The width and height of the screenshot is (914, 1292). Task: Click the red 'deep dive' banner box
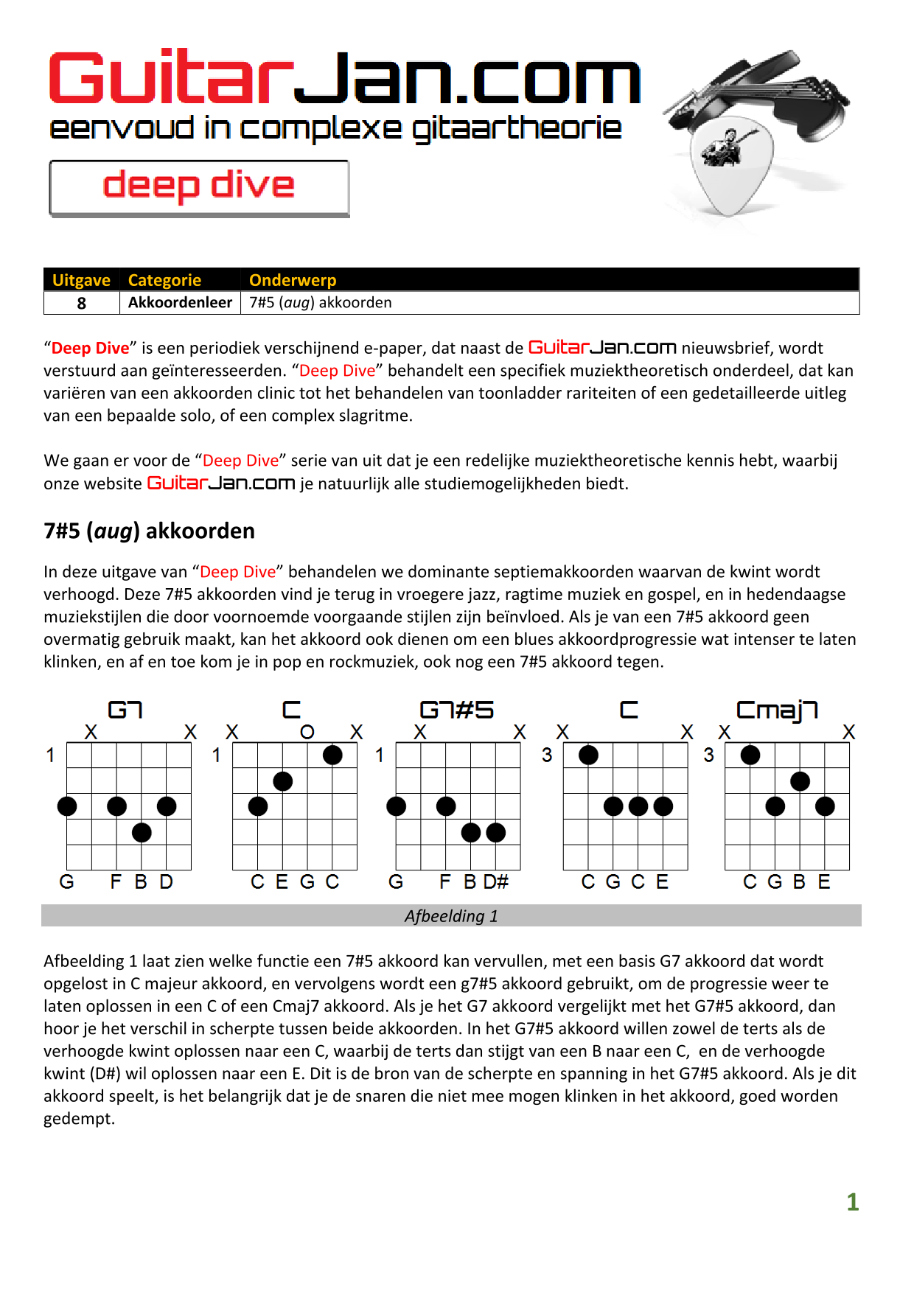(199, 188)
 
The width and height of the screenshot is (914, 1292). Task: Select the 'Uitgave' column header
(81, 280)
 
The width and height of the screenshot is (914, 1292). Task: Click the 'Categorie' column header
(164, 280)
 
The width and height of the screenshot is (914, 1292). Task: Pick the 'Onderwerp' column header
(293, 280)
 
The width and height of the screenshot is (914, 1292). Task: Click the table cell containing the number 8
(82, 303)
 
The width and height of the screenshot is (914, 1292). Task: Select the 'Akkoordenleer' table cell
(180, 303)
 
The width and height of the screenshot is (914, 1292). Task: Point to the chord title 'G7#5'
(456, 710)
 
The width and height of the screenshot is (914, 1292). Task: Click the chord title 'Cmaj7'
(777, 710)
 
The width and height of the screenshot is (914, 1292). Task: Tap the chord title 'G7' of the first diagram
(125, 710)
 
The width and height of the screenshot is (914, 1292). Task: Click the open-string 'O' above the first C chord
(307, 732)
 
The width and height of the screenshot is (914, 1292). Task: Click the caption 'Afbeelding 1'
(451, 916)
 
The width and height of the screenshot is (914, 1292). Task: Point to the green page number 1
(853, 1202)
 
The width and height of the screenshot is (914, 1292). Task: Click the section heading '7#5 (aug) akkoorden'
(149, 531)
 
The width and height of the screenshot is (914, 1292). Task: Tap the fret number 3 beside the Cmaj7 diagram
(709, 755)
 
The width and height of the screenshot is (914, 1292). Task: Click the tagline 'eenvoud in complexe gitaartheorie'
(335, 129)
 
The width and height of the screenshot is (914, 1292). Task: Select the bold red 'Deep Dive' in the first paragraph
(90, 348)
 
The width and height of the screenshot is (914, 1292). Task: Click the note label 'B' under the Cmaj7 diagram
(800, 882)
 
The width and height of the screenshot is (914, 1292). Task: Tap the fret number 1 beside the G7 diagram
(50, 755)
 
